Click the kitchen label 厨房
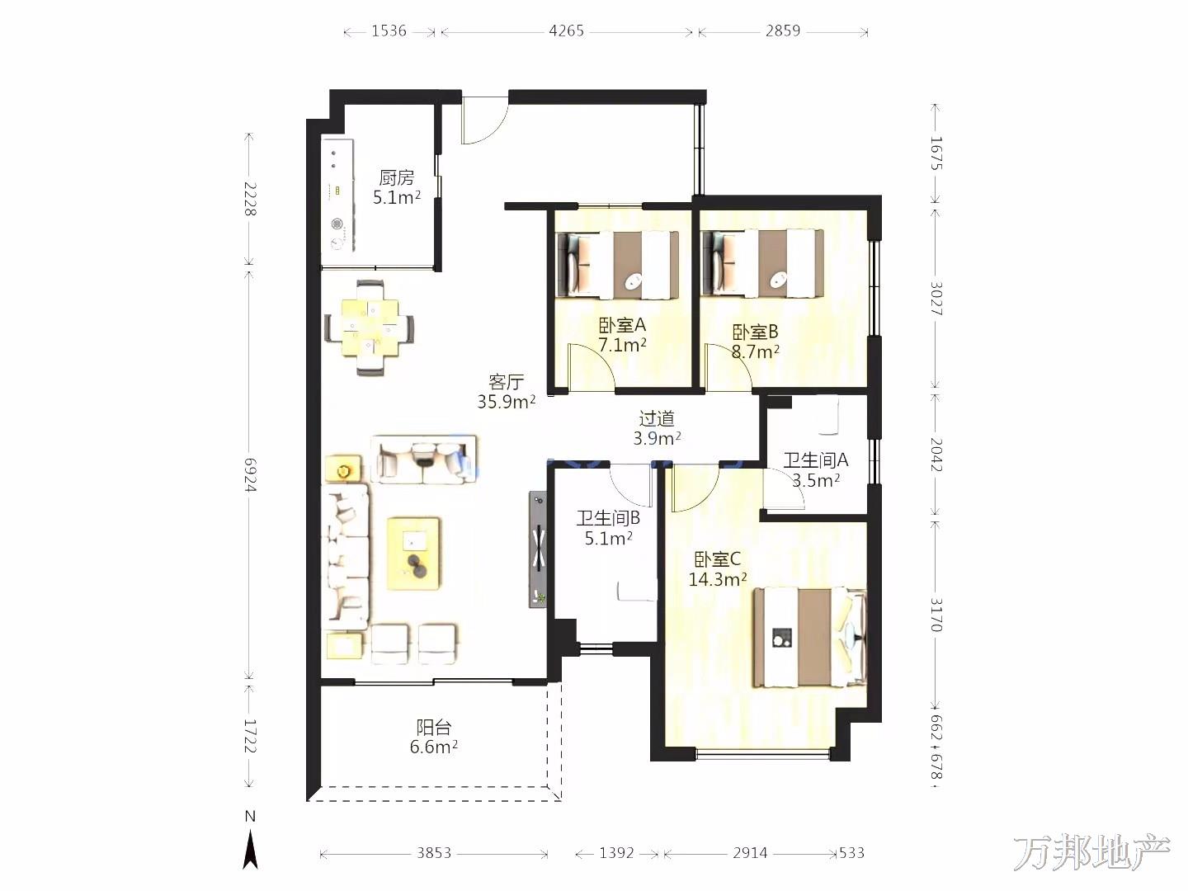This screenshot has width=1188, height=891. pyautogui.click(x=396, y=177)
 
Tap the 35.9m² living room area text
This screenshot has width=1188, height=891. pyautogui.click(x=506, y=402)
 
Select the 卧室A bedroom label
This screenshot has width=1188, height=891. pyautogui.click(x=622, y=325)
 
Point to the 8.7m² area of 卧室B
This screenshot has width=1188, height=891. pyautogui.click(x=755, y=352)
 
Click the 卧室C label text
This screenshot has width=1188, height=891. pyautogui.click(x=717, y=559)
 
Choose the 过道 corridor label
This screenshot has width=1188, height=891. pyautogui.click(x=657, y=418)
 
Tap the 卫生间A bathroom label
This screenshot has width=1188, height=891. pyautogui.click(x=816, y=460)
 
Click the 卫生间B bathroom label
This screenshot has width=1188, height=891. pyautogui.click(x=608, y=518)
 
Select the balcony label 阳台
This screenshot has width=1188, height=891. pyautogui.click(x=433, y=727)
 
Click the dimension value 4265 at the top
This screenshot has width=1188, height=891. pyautogui.click(x=566, y=31)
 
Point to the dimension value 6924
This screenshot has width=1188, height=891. pyautogui.click(x=250, y=474)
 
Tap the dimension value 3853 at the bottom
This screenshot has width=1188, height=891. pyautogui.click(x=433, y=853)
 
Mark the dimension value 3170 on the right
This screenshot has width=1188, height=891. pyautogui.click(x=936, y=615)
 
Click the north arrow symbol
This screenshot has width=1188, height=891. pyautogui.click(x=249, y=851)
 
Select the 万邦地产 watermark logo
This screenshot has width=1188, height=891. pyautogui.click(x=1091, y=853)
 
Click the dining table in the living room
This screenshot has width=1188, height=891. pyautogui.click(x=369, y=328)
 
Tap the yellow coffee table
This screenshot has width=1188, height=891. pyautogui.click(x=413, y=554)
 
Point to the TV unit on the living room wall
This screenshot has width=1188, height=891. pyautogui.click(x=538, y=549)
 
